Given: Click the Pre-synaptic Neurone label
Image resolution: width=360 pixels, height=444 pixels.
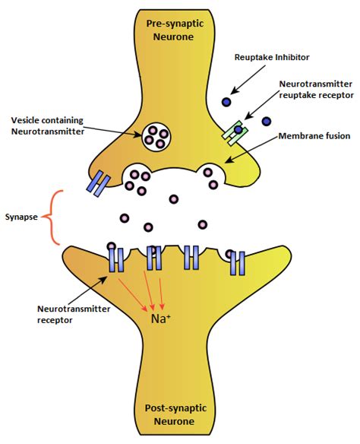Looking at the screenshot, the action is [174, 30].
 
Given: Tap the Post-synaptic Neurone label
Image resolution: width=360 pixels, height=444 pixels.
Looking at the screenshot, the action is [175, 414].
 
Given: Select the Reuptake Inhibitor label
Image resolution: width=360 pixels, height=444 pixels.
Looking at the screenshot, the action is [272, 57].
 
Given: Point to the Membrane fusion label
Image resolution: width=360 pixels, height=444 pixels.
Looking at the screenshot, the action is [314, 136].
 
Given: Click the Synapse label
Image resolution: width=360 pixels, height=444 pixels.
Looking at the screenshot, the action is [21, 217].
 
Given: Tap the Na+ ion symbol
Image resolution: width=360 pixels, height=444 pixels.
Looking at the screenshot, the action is [160, 319].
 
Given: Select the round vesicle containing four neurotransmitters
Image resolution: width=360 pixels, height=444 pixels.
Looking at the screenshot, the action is [156, 137].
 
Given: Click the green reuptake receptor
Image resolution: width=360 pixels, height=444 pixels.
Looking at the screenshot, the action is [235, 133].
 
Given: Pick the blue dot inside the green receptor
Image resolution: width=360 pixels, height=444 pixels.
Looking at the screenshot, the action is [238, 130].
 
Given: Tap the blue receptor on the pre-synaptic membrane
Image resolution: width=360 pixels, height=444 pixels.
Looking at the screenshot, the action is [99, 183].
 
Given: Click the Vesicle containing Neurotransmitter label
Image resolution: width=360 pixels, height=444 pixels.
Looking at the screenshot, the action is [48, 125].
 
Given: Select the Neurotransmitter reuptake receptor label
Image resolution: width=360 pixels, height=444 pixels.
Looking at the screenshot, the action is [316, 89].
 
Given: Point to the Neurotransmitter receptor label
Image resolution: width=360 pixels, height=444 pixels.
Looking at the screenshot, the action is [74, 314].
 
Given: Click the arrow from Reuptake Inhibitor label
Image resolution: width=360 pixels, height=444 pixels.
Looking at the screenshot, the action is [248, 80].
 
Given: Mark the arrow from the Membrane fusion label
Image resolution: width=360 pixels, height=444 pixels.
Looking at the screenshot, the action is [251, 149].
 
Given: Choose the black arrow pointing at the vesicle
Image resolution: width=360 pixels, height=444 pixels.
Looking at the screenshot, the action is [113, 132].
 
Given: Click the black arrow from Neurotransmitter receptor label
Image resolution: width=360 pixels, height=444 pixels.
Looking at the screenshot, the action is [87, 291].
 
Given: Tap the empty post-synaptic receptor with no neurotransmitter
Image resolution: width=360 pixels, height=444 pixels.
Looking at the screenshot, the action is [191, 258].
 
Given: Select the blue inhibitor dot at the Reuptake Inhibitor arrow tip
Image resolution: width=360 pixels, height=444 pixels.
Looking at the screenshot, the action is [226, 102].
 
